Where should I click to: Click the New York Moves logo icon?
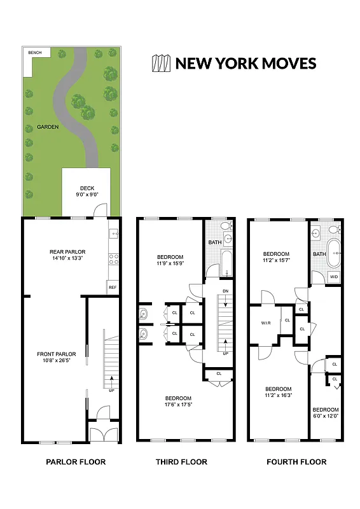160,63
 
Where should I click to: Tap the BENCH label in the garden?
31,52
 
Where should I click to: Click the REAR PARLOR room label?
67,255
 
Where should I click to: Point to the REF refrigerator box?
113,288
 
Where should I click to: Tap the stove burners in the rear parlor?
113,259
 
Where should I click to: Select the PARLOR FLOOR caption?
76,462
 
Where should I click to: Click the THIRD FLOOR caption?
181,462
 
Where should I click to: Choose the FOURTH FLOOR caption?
296,462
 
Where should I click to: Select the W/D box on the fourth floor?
334,277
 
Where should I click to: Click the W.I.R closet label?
266,323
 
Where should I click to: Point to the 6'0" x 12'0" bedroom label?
325,413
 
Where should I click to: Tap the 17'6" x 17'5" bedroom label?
178,402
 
